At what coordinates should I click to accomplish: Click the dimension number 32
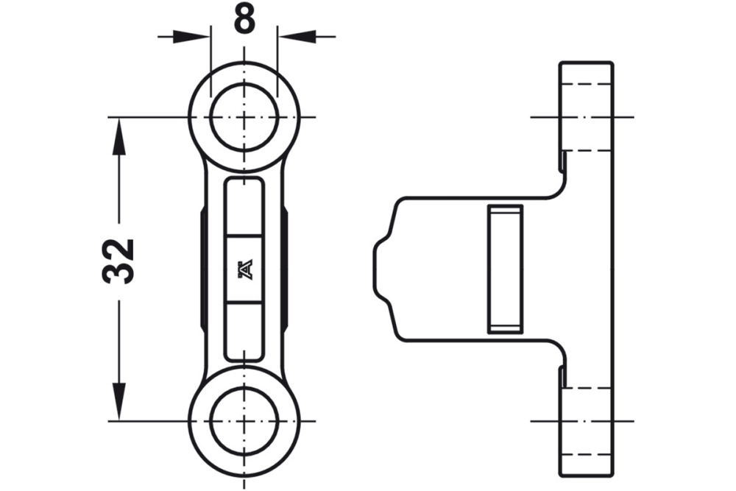(118, 261)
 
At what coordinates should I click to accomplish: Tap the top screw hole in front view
(244, 117)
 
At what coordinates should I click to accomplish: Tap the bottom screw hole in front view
(244, 421)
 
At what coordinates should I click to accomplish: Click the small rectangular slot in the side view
(505, 269)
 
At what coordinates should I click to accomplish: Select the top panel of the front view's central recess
(244, 206)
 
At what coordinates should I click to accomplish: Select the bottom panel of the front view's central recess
(244, 331)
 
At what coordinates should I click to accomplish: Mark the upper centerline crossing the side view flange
(581, 117)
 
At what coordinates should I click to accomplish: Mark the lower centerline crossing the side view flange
(581, 421)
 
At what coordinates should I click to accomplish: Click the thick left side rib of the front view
(203, 269)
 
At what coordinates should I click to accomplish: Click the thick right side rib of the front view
(285, 269)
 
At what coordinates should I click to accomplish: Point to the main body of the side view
(442, 269)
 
